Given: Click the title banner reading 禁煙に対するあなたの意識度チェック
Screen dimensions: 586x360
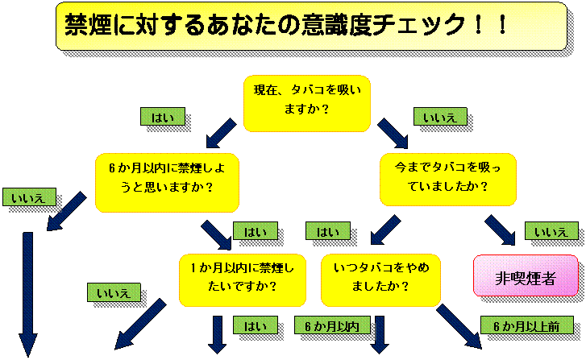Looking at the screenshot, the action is [x=311, y=26].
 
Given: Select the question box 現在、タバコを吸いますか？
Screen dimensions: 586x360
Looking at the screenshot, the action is [x=307, y=103].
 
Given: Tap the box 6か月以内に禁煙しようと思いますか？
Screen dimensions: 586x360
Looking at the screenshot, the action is [x=167, y=183].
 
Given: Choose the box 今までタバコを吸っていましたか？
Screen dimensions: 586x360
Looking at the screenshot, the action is [x=448, y=180].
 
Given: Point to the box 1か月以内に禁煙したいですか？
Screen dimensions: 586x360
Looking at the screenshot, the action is [x=243, y=280].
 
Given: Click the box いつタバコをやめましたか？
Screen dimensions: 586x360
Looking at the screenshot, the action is [x=380, y=280].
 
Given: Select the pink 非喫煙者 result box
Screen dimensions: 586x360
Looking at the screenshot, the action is [x=526, y=275].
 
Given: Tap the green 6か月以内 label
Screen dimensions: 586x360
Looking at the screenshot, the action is [x=332, y=325].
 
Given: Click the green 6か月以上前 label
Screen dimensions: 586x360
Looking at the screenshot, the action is [x=526, y=325].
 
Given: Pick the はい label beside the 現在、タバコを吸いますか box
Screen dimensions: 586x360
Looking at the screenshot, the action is [x=163, y=117].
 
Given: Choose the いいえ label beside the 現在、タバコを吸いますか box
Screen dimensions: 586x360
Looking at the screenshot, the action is [x=440, y=117].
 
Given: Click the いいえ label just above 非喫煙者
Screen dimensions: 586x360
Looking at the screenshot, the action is [x=551, y=231].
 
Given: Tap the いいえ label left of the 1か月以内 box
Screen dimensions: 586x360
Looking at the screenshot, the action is [x=114, y=292].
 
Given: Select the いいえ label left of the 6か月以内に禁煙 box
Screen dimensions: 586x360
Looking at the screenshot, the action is [x=29, y=197].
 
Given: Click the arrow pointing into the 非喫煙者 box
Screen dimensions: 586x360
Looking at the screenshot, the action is [x=500, y=230].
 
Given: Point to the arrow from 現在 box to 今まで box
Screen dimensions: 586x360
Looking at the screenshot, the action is [x=393, y=134].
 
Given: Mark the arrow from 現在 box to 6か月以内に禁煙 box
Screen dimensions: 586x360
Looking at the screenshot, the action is [x=221, y=134].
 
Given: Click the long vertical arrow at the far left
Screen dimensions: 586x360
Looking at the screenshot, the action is [x=28, y=294].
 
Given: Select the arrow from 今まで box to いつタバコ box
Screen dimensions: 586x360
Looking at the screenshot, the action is [x=385, y=230].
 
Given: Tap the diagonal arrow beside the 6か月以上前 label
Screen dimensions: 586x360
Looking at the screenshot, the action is [x=459, y=326].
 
